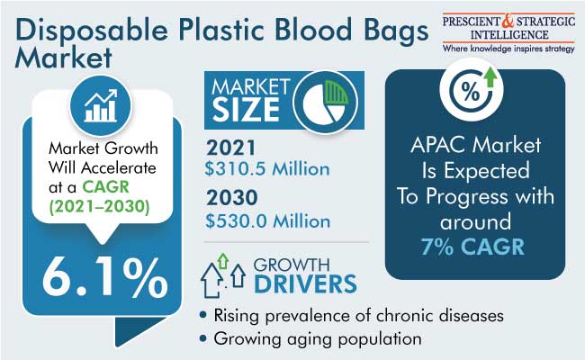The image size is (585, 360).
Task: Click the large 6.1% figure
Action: pyautogui.click(x=104, y=277)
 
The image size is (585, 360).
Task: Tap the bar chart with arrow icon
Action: pyautogui.click(x=101, y=105)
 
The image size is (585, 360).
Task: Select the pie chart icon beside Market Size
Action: pyautogui.click(x=325, y=102)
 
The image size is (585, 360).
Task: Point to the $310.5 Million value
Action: pyautogui.click(x=267, y=169)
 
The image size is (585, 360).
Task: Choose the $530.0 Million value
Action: pyautogui.click(x=268, y=221)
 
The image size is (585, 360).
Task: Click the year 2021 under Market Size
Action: pyautogui.click(x=231, y=148)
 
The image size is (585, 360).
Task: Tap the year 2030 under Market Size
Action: pyautogui.click(x=232, y=198)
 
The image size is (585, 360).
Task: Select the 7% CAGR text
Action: pyautogui.click(x=472, y=247)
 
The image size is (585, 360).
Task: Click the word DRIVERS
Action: pyautogui.click(x=306, y=283)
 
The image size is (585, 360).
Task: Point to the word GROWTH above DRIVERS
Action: pyautogui.click(x=292, y=265)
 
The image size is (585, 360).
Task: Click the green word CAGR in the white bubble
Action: pyautogui.click(x=105, y=186)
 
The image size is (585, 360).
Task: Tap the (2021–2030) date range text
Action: pyautogui.click(x=100, y=206)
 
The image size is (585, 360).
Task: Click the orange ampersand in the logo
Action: pyautogui.click(x=508, y=21)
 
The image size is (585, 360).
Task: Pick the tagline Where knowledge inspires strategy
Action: pyautogui.click(x=508, y=49)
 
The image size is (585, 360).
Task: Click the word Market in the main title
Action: pyautogui.click(x=63, y=58)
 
